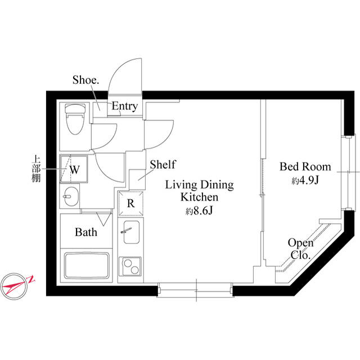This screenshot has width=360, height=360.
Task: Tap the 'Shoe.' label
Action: click(85, 80)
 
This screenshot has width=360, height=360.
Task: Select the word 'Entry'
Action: click(124, 106)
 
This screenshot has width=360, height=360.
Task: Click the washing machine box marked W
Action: click(74, 168)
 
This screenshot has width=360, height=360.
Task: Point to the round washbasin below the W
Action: click(71, 197)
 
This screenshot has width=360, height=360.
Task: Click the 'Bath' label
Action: click(86, 232)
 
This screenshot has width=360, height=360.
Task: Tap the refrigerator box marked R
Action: click(130, 204)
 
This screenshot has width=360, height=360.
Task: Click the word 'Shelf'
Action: click(163, 165)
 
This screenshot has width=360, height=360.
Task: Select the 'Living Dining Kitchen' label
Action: click(199, 191)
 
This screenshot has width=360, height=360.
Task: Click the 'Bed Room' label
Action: click(305, 167)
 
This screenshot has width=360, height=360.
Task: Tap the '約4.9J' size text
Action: click(305, 181)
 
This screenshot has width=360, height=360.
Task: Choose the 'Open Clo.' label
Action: click(300, 248)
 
